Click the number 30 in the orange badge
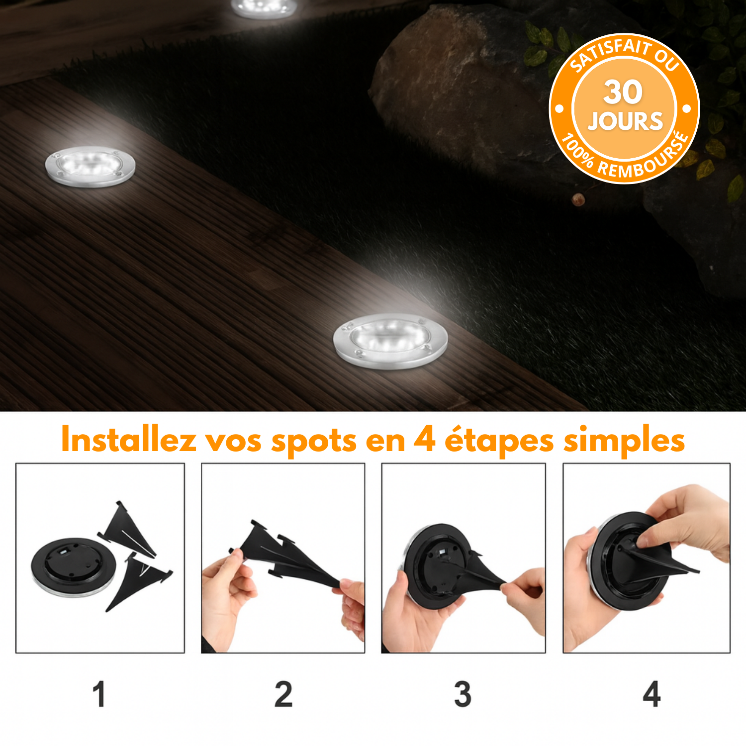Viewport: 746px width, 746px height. [x=623, y=92]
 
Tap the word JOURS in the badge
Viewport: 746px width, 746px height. [x=625, y=121]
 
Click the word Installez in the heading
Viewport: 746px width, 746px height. [x=129, y=440]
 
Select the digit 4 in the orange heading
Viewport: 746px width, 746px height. [x=424, y=440]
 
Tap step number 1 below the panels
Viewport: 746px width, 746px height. [x=99, y=694]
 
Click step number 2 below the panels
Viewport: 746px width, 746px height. [x=283, y=694]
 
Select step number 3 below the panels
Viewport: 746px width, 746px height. [x=463, y=694]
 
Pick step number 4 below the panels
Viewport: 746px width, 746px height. [x=652, y=694]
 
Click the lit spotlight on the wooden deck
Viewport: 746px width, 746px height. [x=90, y=166]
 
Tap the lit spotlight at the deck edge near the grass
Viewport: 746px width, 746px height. [x=390, y=341]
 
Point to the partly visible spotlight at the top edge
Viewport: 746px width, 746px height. [x=265, y=8]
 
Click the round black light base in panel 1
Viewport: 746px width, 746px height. [x=74, y=567]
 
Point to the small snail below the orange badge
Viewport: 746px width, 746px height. [x=578, y=200]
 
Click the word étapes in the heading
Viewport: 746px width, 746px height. [x=499, y=442]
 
